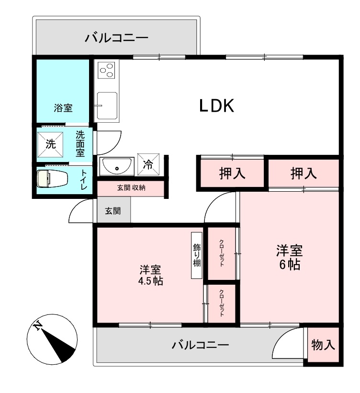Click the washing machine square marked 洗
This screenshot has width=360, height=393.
point(50,143)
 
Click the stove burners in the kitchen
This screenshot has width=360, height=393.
point(106,71)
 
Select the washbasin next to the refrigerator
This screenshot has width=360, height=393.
point(116,166)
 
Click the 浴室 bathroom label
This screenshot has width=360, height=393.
point(63,108)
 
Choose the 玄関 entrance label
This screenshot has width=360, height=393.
point(113,211)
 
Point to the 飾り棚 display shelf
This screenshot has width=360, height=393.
point(197,255)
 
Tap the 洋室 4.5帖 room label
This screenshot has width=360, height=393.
point(150,275)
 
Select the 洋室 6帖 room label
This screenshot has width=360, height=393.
point(289,257)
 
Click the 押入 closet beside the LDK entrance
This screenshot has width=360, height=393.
point(232,173)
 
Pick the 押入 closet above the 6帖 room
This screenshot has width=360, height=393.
point(304,173)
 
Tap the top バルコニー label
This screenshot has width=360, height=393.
point(117,38)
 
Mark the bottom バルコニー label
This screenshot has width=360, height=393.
point(200,345)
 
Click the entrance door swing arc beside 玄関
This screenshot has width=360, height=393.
point(81,212)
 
